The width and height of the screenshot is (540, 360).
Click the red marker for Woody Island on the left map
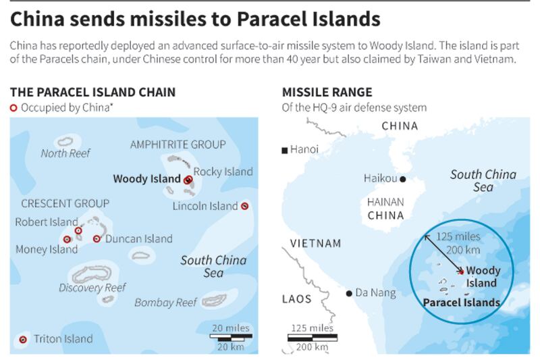[x=187, y=180]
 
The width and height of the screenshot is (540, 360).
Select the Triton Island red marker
[x=24, y=339]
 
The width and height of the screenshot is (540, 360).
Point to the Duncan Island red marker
[x=97, y=238]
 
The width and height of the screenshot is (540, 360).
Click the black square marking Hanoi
[x=286, y=150]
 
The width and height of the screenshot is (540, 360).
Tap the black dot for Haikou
[x=402, y=179]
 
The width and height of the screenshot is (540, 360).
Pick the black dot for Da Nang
[x=349, y=293]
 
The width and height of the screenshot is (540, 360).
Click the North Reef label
[x=65, y=153]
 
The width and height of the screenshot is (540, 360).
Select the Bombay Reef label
[x=165, y=302]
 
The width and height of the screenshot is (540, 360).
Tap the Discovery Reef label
[x=92, y=287]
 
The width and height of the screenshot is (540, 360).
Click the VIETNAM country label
[x=315, y=243]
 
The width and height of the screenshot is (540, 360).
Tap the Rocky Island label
[x=223, y=172]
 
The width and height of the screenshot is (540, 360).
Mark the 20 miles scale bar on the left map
[x=232, y=335]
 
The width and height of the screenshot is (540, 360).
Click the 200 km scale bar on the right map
[x=312, y=338]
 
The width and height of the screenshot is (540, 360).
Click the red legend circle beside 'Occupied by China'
[x=13, y=108]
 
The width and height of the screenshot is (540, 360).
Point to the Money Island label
[x=47, y=249]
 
